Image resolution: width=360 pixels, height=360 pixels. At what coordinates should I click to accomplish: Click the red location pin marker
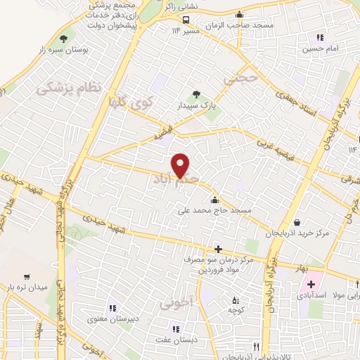tap(181, 166)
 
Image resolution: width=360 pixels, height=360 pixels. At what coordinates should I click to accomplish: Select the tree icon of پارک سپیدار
tap(196, 95)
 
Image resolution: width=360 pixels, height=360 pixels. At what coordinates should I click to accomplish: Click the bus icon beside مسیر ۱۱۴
tap(186, 20)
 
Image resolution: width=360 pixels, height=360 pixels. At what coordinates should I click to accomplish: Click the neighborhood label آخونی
tap(174, 304)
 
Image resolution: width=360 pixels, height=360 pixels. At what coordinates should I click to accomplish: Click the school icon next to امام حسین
tap(321, 37)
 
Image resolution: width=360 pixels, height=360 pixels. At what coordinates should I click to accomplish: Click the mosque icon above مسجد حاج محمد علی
tap(214, 200)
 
